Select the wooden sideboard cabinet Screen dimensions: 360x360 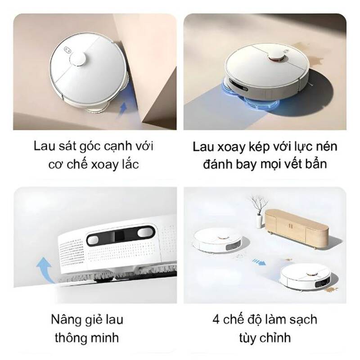(x=295, y=227)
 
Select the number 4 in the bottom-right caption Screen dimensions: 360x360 (x=215, y=320)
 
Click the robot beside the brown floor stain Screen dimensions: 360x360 (x=303, y=275)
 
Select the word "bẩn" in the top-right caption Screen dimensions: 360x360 (x=315, y=164)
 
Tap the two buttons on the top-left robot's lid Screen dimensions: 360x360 (x=69, y=50)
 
